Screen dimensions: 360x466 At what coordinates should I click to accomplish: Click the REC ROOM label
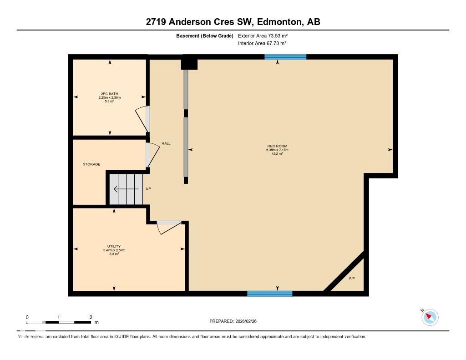click(277, 146)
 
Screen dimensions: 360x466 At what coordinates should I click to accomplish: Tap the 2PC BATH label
click(110, 94)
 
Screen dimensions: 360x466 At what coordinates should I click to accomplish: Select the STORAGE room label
click(91, 164)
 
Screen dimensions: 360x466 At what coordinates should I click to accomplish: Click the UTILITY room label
click(114, 246)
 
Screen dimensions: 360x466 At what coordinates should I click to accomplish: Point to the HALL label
click(166, 143)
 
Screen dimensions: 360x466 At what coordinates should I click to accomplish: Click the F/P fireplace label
click(352, 278)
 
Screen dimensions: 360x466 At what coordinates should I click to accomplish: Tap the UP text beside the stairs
click(148, 188)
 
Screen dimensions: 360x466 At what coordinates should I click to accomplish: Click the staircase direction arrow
click(123, 189)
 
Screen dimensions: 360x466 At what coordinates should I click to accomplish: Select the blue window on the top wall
click(285, 57)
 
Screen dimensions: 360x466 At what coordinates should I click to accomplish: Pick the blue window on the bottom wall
click(270, 294)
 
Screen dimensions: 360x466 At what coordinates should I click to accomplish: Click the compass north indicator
click(430, 317)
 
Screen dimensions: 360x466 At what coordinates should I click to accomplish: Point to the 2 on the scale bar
click(91, 317)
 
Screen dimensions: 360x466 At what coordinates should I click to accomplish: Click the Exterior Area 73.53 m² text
click(263, 35)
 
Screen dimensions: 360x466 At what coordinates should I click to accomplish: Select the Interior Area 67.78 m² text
click(262, 43)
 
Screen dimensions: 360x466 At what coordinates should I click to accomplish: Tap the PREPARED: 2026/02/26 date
click(236, 321)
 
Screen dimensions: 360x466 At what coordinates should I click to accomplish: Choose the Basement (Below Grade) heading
click(205, 35)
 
